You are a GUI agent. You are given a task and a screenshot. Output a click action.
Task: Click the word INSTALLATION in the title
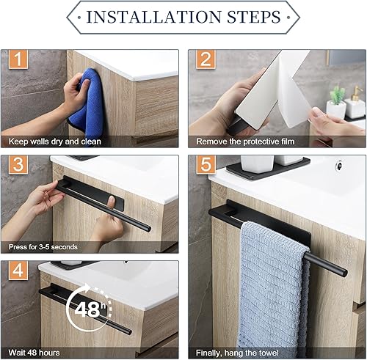click(x=153, y=17)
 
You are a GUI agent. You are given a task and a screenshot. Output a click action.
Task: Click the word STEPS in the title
click(x=254, y=17)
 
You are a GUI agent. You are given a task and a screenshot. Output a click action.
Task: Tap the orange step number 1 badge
click(x=18, y=59)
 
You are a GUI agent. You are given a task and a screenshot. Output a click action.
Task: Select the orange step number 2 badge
click(x=206, y=59)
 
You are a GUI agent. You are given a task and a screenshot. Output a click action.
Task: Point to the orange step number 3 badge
click(x=18, y=164)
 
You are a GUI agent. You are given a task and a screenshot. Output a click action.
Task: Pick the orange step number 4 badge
click(x=18, y=271)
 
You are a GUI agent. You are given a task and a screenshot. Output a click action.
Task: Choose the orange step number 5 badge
click(x=206, y=164)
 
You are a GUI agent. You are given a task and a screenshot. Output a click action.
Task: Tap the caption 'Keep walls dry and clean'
click(x=55, y=142)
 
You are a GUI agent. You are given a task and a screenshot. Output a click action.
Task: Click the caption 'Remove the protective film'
click(x=245, y=142)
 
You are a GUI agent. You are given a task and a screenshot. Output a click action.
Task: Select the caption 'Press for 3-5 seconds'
click(x=43, y=247)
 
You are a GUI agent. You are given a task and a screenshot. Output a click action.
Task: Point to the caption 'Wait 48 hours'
click(x=34, y=353)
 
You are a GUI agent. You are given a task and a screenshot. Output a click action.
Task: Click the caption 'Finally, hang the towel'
click(x=237, y=353)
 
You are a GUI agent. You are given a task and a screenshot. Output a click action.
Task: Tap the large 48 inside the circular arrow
click(x=87, y=309)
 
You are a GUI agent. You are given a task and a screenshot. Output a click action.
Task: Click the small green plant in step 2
click(x=338, y=95)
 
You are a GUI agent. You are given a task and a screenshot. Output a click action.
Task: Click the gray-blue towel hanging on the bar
click(x=274, y=288)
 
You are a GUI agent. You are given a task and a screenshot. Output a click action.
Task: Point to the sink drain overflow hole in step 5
click(x=339, y=165)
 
